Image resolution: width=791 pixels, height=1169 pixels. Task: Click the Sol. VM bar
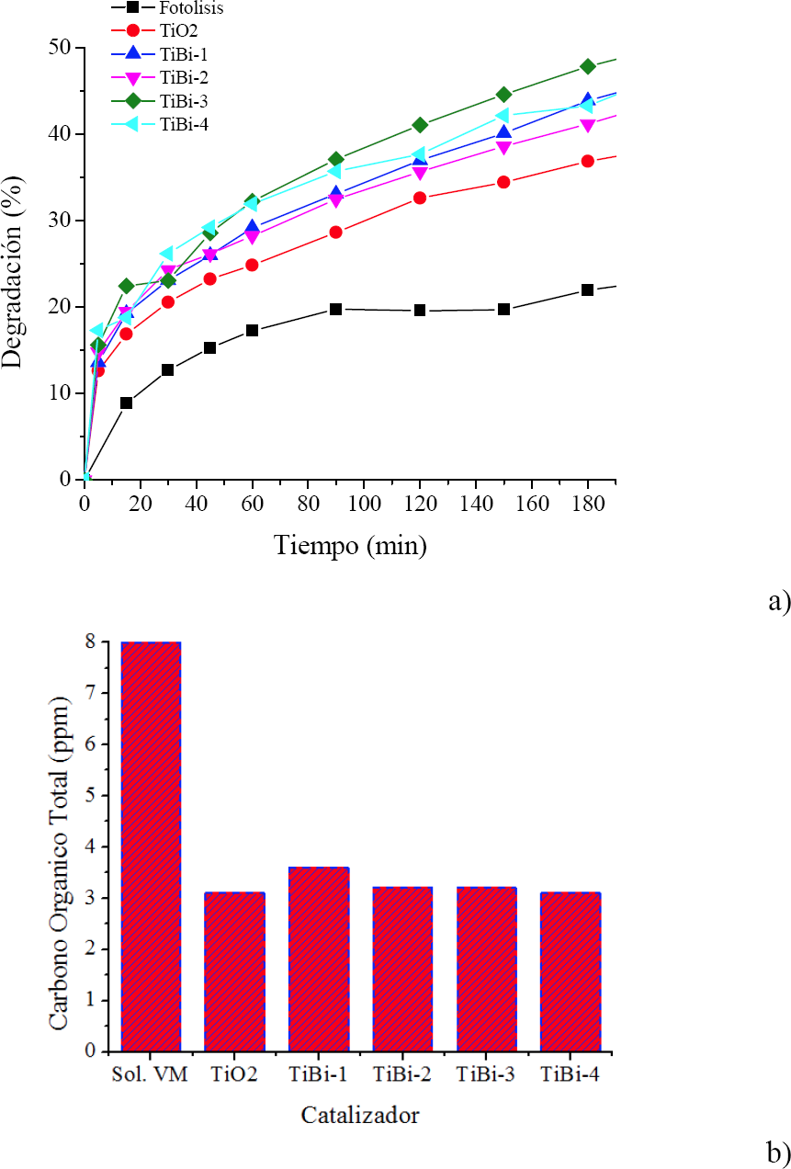pyautogui.click(x=151, y=846)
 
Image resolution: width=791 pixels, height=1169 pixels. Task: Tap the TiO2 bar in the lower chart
pyautogui.click(x=235, y=971)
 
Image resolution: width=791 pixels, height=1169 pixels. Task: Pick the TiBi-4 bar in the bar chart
pyautogui.click(x=571, y=971)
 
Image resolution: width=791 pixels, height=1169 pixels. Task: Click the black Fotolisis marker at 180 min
pyautogui.click(x=588, y=290)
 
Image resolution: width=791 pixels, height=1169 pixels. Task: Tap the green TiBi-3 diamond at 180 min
pyautogui.click(x=588, y=66)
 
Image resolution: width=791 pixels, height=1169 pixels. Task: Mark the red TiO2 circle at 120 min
pyautogui.click(x=420, y=198)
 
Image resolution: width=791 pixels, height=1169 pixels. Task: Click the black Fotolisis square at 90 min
pyautogui.click(x=336, y=309)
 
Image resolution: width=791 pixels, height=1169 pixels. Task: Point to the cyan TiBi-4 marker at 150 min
pyautogui.click(x=503, y=116)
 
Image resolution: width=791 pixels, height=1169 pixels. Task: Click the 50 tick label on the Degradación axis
pyautogui.click(x=61, y=47)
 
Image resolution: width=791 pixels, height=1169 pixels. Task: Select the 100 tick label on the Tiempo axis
pyautogui.click(x=364, y=505)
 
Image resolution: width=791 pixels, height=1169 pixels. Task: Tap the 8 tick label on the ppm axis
pyautogui.click(x=89, y=642)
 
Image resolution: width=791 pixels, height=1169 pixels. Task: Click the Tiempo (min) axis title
pyautogui.click(x=350, y=546)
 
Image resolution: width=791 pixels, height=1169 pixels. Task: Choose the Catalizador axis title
pyautogui.click(x=360, y=1117)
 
